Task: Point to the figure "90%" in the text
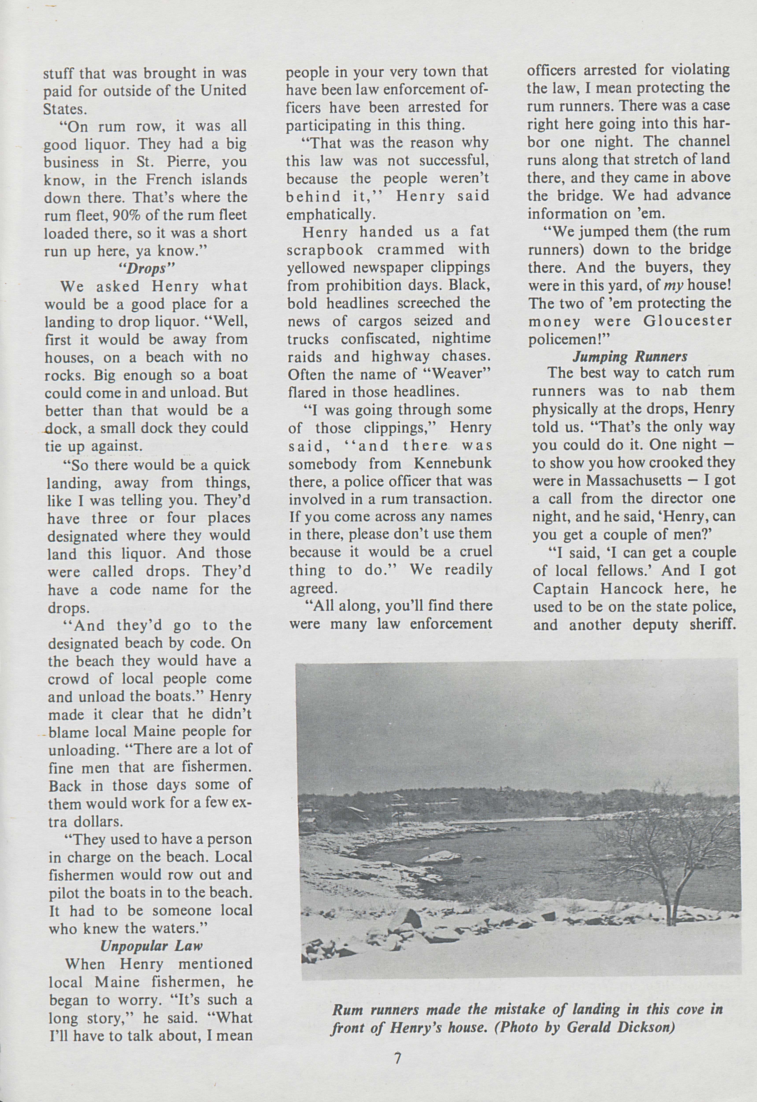128,215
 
